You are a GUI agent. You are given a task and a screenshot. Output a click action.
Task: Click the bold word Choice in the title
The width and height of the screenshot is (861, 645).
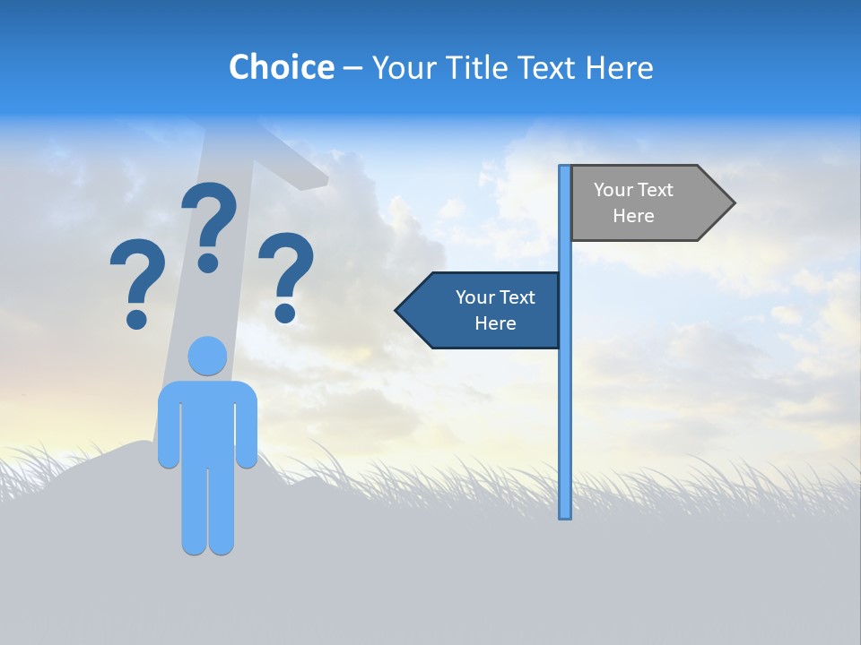click(x=281, y=67)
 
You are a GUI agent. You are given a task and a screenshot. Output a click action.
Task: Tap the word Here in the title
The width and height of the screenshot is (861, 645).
click(x=619, y=67)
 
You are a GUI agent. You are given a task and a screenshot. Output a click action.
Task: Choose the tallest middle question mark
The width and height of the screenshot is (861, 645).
click(x=209, y=219)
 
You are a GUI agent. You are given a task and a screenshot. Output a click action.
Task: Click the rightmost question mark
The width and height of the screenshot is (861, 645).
click(x=286, y=269)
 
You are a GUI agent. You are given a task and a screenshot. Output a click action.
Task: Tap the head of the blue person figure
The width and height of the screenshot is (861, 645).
click(x=207, y=356)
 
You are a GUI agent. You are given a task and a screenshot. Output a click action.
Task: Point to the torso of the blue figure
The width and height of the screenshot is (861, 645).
click(x=207, y=421)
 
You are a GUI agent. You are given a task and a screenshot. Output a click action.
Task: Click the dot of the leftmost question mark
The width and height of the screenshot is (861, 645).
click(x=136, y=318)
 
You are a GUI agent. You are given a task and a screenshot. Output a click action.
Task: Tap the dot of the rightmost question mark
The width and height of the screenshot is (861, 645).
click(x=285, y=313)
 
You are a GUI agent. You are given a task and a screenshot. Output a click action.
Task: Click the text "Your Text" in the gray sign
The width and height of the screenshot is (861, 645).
click(x=633, y=190)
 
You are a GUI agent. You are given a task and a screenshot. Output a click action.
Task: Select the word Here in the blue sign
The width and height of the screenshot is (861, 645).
click(x=495, y=323)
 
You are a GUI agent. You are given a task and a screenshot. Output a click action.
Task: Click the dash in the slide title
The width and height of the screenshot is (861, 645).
click(x=353, y=68)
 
